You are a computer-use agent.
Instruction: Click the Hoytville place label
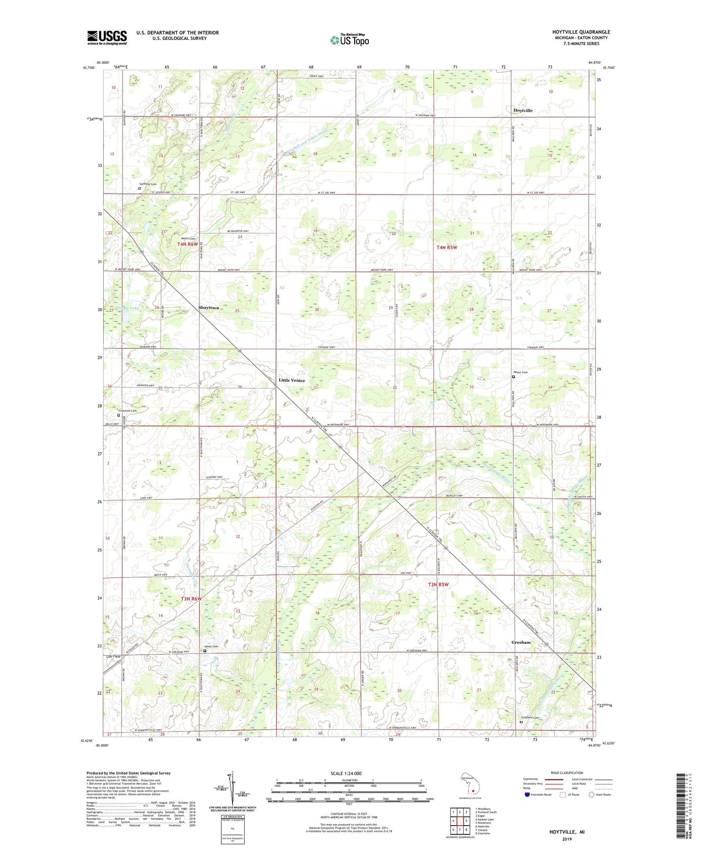coord(523,110)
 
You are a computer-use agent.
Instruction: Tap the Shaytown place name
coord(209,308)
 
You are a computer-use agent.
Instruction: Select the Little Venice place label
coord(292,380)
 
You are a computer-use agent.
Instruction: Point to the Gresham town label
coord(521,642)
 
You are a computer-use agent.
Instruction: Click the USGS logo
coord(107,37)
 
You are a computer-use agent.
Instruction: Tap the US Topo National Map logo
coord(349,39)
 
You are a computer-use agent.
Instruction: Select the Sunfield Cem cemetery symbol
coord(139,189)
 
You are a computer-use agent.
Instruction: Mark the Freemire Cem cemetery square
coord(118,415)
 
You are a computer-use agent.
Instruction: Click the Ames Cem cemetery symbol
coord(205,651)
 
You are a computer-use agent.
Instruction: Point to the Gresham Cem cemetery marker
coord(521,722)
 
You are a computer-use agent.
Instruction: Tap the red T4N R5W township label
coord(447,248)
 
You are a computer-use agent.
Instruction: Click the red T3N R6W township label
coord(191,599)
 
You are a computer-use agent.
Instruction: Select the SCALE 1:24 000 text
coord(346,774)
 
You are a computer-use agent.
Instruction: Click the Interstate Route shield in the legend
coord(527,795)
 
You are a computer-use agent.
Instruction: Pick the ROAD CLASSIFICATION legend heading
coord(567,773)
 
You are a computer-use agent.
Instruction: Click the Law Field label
coord(113,656)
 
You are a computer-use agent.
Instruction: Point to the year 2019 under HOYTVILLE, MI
coord(567,839)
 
